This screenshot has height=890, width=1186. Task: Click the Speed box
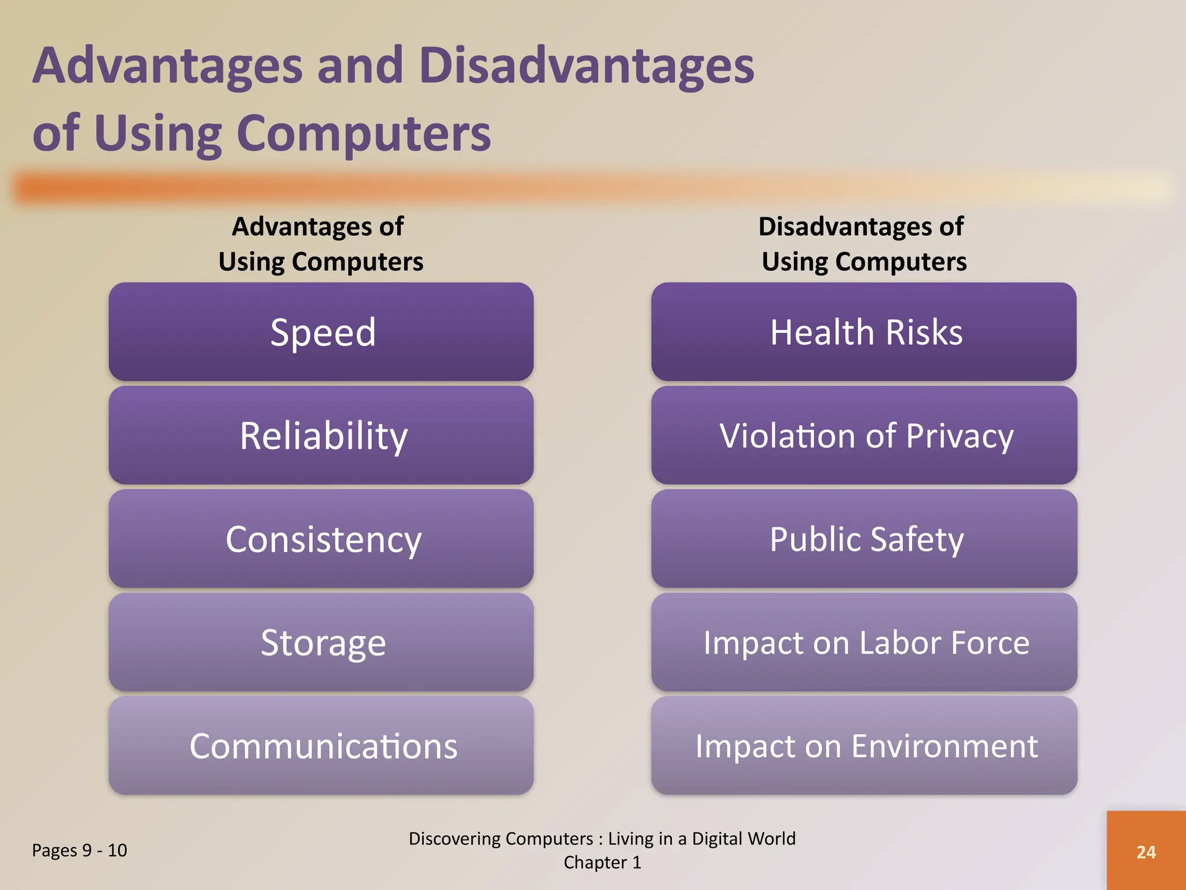click(x=321, y=332)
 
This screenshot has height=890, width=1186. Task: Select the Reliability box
click(x=321, y=436)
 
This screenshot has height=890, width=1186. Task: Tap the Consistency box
click(x=321, y=539)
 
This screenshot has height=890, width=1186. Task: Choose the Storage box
click(x=321, y=643)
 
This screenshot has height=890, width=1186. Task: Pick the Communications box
click(x=321, y=746)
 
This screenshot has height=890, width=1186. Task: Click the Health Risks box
click(x=864, y=332)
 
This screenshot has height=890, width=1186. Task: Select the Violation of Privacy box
click(x=864, y=436)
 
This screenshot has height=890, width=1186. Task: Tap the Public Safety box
click(x=864, y=539)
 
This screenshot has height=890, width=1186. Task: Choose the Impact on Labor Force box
click(x=864, y=643)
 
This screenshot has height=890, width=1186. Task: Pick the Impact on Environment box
click(x=864, y=746)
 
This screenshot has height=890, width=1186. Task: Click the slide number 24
click(x=1145, y=852)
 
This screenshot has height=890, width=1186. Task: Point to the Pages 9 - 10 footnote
click(x=79, y=851)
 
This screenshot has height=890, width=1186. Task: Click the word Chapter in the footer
click(x=595, y=863)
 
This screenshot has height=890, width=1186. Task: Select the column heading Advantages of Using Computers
click(x=320, y=244)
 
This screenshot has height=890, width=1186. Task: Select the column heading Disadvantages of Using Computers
click(x=863, y=244)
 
